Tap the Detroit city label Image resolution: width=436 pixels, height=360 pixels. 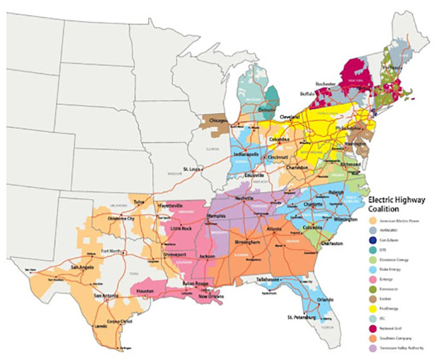(x=267, y=108)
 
